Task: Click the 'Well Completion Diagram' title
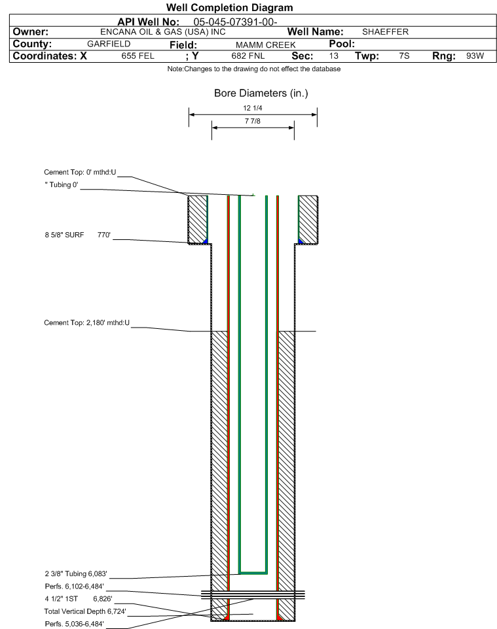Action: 229,8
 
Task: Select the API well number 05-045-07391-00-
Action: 236,22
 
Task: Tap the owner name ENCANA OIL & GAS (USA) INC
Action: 163,32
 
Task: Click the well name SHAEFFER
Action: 385,31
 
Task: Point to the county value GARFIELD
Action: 109,44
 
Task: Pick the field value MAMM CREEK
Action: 266,45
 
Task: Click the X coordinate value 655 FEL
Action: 138,56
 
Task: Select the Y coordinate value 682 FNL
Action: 248,56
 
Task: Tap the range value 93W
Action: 475,56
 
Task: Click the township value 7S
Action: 404,56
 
